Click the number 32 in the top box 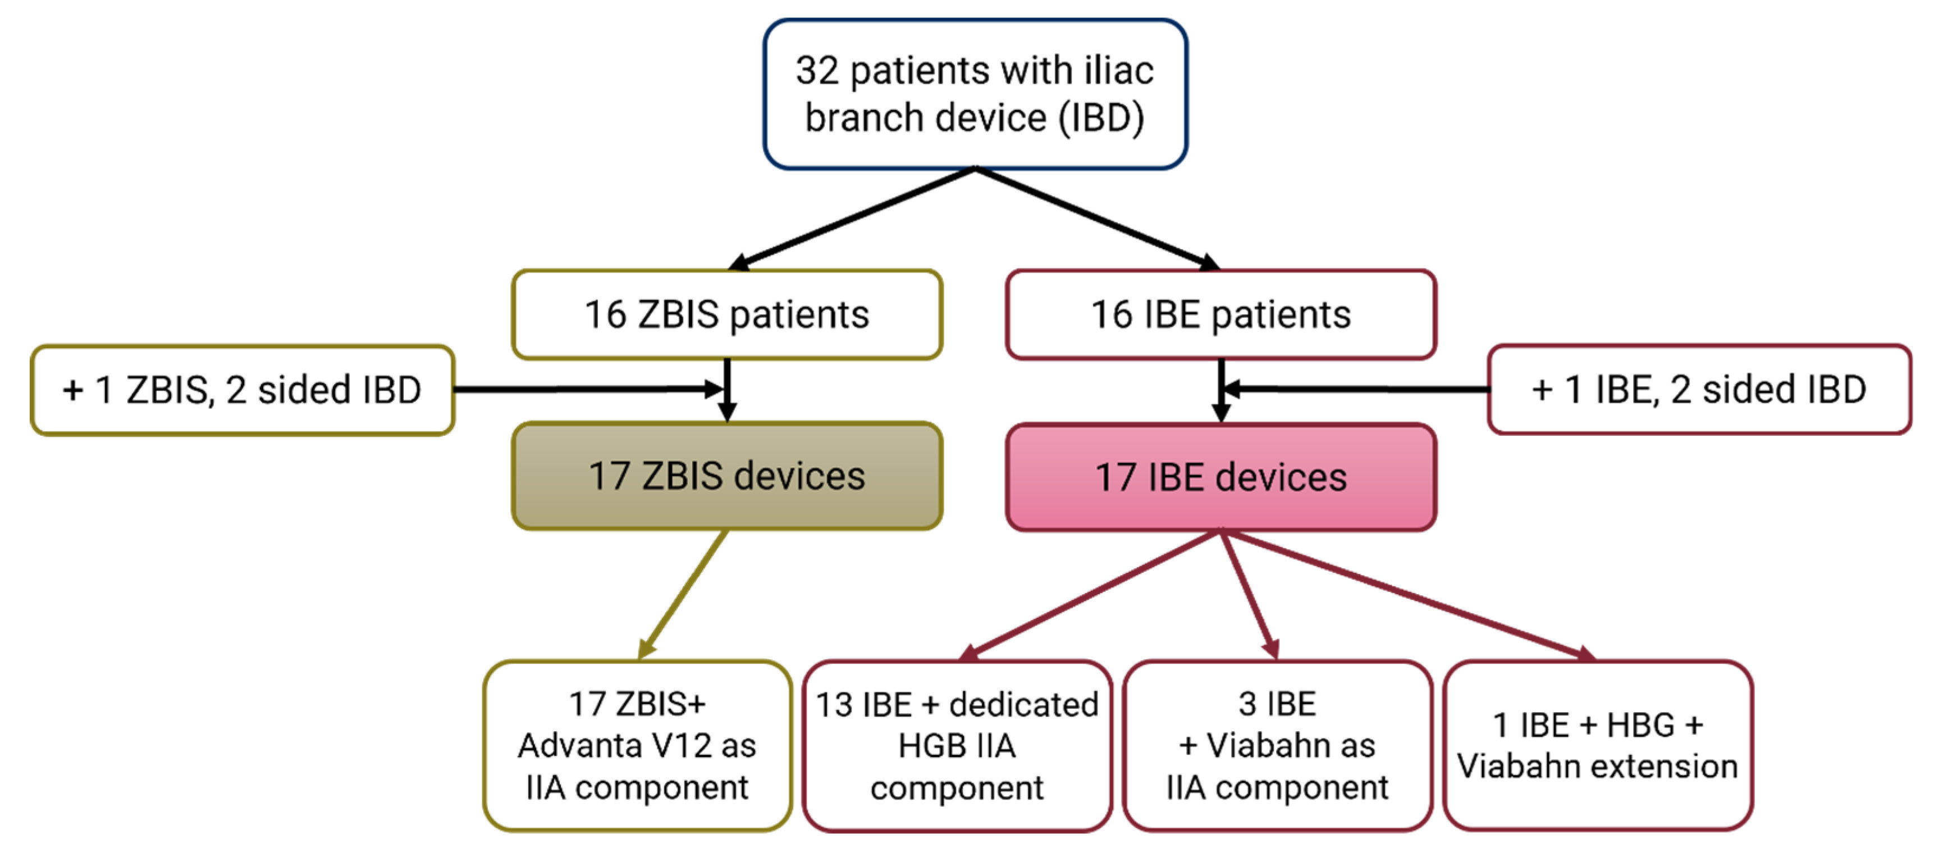click(817, 71)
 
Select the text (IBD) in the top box click(1101, 118)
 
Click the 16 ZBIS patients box click(727, 314)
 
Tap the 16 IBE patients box click(1221, 314)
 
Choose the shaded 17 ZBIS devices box click(727, 476)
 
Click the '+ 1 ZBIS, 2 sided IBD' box click(242, 390)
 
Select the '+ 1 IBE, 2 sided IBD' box click(1699, 390)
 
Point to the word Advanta click(578, 746)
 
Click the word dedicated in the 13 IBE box click(1023, 705)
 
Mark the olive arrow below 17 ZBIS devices click(683, 594)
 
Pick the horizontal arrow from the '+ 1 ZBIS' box click(586, 389)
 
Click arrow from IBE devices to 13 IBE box click(1092, 594)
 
